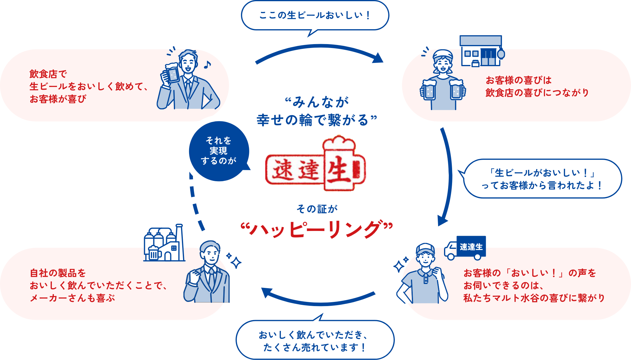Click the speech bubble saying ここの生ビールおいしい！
point(315,15)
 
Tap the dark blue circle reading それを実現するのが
point(219,151)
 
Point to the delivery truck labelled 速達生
point(465,247)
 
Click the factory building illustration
point(164,244)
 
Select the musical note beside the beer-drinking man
point(207,64)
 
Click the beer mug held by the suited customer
point(171,73)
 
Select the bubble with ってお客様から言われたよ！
point(542,179)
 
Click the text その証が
point(317,209)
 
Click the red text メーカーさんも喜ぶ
point(72,298)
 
